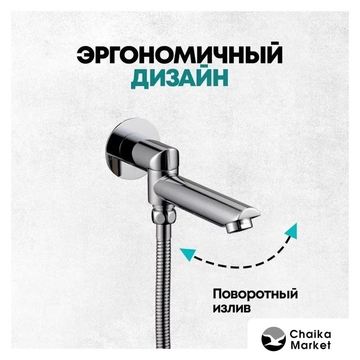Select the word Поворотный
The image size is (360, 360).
255,295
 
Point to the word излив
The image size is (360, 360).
232,309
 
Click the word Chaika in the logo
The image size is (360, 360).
310,335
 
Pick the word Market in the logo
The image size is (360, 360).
310,345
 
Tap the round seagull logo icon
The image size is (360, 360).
273,339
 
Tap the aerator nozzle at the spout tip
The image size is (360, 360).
238,226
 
